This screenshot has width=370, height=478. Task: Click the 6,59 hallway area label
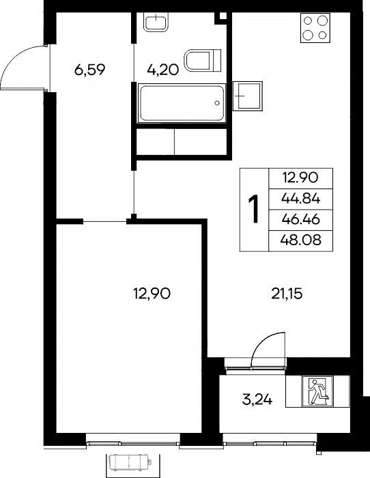click(x=89, y=70)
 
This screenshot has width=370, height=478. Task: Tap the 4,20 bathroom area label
click(x=162, y=70)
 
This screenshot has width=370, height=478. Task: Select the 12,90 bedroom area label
click(x=152, y=294)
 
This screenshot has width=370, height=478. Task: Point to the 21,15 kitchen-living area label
click(x=287, y=294)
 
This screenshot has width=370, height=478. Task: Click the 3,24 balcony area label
click(x=257, y=399)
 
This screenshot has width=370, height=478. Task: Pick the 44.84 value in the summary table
click(x=301, y=199)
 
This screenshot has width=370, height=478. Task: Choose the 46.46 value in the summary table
click(x=301, y=219)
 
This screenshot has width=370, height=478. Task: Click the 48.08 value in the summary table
click(x=301, y=240)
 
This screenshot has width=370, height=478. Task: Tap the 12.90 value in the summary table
click(x=301, y=178)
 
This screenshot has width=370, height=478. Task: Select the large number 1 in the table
click(x=253, y=210)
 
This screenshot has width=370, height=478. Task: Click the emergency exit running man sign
click(x=317, y=391)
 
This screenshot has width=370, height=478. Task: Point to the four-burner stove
click(x=315, y=28)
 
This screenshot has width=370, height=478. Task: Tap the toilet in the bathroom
click(x=203, y=60)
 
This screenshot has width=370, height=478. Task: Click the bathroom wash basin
click(x=156, y=22)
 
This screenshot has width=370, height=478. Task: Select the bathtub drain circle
click(x=217, y=103)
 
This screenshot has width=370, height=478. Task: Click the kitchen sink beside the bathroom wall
click(x=248, y=96)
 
